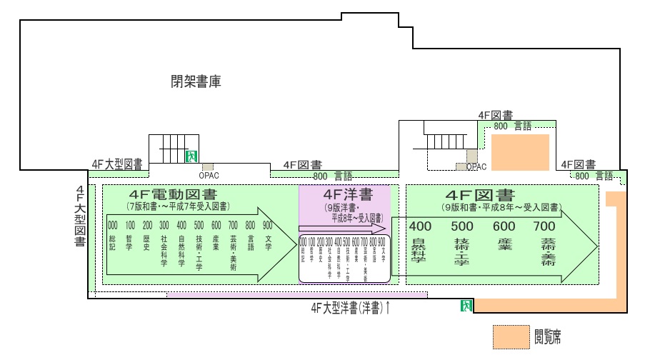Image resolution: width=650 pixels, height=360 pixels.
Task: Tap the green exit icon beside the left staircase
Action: coord(191,155)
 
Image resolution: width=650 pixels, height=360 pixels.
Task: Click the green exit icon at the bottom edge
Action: coord(466,306)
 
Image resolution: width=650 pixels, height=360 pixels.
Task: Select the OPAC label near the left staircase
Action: coord(208,173)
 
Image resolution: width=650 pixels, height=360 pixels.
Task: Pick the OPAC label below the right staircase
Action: coord(476,166)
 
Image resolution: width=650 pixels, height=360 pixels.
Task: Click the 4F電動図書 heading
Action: coord(174,195)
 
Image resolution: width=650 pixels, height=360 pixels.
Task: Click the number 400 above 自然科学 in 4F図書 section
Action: coord(419,226)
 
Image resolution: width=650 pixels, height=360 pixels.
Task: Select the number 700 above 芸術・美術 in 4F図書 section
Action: coord(544,226)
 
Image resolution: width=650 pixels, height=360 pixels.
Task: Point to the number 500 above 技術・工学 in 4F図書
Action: coord(461,226)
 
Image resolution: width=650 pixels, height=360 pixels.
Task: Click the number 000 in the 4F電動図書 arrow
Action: coord(113,226)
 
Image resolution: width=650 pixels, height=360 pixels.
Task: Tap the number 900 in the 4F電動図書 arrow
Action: coord(268,226)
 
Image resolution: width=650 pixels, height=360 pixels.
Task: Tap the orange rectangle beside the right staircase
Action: coord(519,152)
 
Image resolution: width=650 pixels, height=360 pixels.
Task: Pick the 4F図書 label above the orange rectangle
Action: coord(495,115)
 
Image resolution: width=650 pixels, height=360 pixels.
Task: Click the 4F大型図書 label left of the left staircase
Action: coord(116,164)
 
